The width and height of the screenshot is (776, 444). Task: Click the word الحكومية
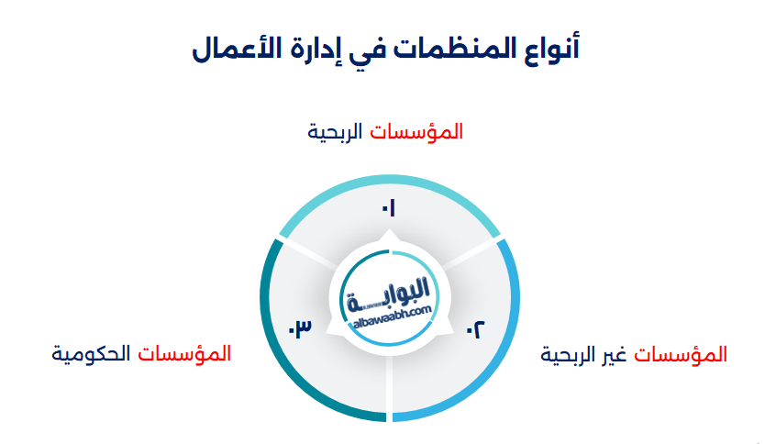[89, 354]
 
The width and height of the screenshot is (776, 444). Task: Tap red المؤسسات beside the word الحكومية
[183, 354]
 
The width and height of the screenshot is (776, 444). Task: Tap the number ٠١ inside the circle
[389, 209]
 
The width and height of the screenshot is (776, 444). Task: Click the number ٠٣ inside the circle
[301, 327]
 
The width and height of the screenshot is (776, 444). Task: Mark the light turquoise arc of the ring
[389, 187]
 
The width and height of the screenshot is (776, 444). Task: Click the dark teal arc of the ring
[275, 349]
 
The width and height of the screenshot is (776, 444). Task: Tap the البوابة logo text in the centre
[390, 293]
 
